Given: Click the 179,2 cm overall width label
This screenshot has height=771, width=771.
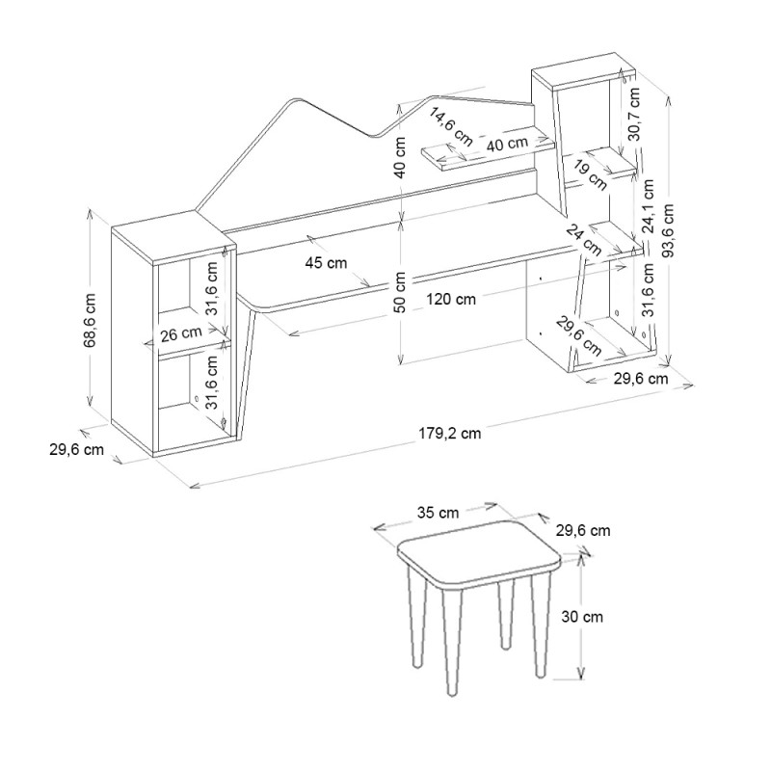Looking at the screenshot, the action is click(450, 433).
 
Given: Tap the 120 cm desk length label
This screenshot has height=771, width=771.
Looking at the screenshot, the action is click(451, 299).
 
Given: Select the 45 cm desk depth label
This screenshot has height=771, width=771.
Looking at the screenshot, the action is click(326, 263).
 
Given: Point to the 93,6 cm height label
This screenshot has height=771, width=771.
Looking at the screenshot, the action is click(667, 230).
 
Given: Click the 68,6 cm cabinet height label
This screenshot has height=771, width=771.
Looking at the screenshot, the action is click(90, 320).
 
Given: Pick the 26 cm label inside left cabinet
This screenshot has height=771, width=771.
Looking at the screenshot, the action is click(181, 333).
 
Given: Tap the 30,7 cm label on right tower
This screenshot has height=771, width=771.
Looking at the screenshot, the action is click(634, 114).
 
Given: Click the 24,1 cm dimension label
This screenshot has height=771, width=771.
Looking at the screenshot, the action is click(648, 206).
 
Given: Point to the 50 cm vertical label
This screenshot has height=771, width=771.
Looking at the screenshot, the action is click(400, 292).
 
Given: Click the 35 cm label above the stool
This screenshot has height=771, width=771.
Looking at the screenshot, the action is click(439, 513).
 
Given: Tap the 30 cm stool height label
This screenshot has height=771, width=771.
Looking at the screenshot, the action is click(582, 617).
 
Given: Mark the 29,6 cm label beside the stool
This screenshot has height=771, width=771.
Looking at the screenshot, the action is click(583, 531).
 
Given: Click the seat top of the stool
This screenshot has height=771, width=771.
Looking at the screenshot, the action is click(479, 553).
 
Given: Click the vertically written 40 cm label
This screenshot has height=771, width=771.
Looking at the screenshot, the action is click(400, 157).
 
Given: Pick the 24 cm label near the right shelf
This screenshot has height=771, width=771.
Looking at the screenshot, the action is click(584, 240).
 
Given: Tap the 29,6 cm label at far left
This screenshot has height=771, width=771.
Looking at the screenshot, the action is click(77, 449).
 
